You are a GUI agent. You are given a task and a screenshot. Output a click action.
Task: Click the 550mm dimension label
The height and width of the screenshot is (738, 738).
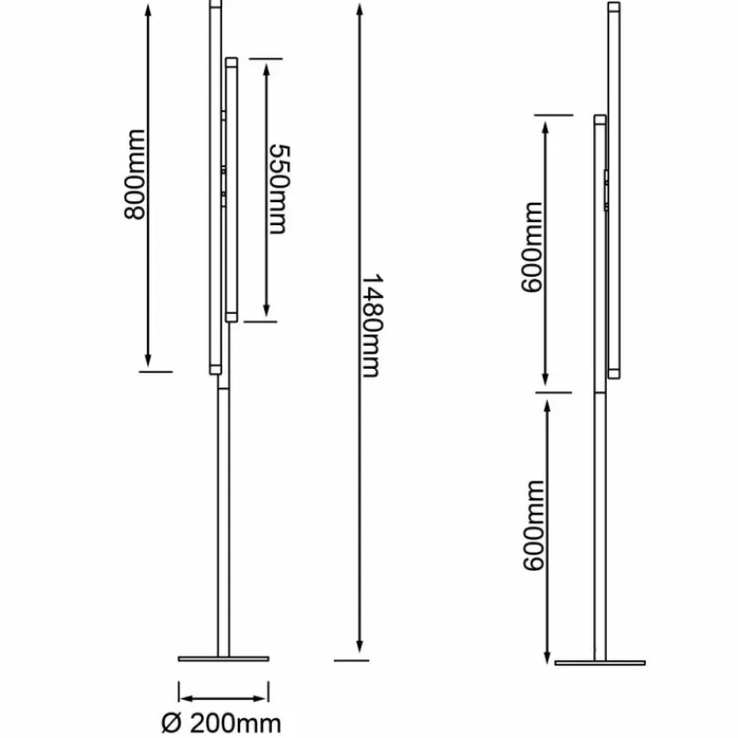click(x=279, y=189)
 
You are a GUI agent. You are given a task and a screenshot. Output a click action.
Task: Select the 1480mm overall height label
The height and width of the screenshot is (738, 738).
click(x=372, y=325)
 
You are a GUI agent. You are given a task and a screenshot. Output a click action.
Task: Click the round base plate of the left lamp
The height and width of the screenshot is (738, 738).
click(x=223, y=659)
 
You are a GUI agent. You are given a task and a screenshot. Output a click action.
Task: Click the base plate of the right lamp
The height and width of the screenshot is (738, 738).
click(x=600, y=661)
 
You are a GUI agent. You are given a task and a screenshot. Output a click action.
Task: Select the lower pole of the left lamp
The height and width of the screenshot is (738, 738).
click(x=223, y=517)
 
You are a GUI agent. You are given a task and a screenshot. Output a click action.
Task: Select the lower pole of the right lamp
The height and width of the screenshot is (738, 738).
click(x=601, y=526)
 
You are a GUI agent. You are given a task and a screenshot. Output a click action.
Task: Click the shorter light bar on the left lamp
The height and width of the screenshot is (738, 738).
click(x=232, y=189)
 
